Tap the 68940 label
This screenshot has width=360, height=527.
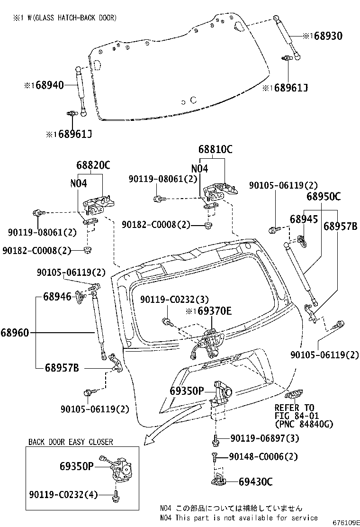tap(49, 85)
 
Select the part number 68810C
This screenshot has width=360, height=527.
tap(215, 149)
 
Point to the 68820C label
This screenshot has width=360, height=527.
tap(93, 165)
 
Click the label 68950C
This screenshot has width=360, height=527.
tap(324, 196)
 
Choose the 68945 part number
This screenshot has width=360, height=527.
tap(304, 219)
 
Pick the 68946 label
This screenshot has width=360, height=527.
tap(57, 297)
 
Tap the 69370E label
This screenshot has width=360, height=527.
tap(214, 311)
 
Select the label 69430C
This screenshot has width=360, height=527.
tap(256, 482)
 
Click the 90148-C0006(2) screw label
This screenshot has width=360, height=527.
tap(263, 456)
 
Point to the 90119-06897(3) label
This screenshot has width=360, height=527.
tap(265, 438)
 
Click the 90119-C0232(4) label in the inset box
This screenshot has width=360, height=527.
tap(63, 494)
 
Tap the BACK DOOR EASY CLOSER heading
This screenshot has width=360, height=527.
tap(71, 442)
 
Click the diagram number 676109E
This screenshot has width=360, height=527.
tap(346, 523)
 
